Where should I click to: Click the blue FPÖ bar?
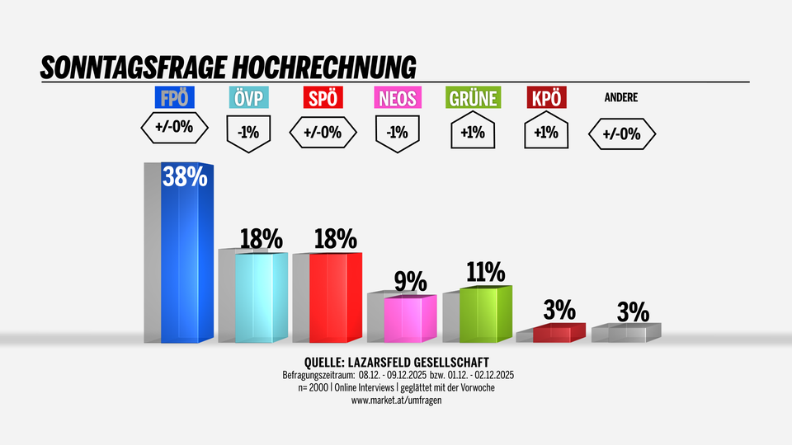(187, 255)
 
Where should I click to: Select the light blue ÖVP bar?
(262, 298)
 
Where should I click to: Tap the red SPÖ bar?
(335, 298)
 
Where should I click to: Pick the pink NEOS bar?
(410, 319)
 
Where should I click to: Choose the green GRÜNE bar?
(486, 315)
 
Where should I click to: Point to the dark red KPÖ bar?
(559, 333)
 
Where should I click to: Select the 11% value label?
(484, 272)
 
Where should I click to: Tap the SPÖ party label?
(323, 98)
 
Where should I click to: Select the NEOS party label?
(398, 98)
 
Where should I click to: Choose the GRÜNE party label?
(473, 98)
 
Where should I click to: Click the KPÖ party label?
(547, 98)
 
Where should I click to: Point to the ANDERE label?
(621, 97)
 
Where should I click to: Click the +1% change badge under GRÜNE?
(473, 132)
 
